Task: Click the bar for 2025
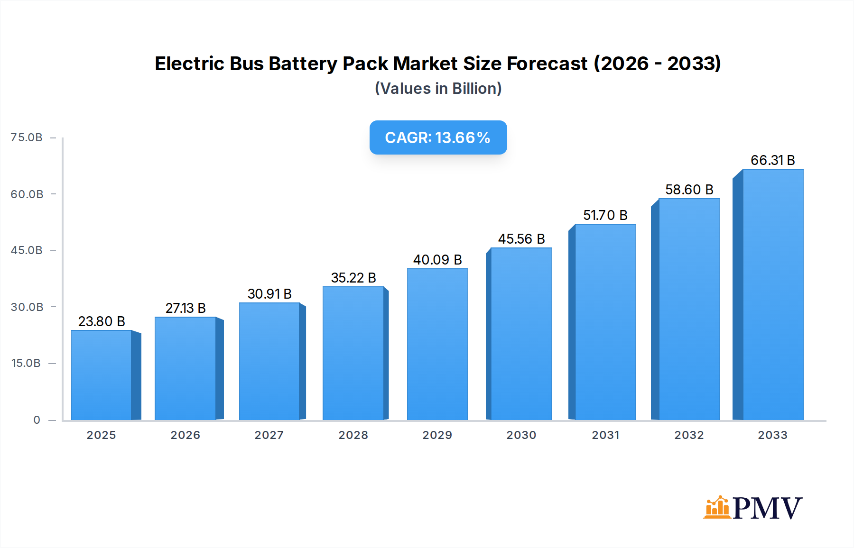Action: pos(102,374)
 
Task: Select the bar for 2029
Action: pos(437,344)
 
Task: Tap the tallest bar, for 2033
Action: pos(772,294)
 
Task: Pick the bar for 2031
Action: pos(605,322)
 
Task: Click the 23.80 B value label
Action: pos(102,321)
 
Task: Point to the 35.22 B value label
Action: pos(353,278)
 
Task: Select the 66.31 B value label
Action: pos(772,160)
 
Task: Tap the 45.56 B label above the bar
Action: pos(521,239)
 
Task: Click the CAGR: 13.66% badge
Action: pos(438,137)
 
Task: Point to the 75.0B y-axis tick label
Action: pos(27,137)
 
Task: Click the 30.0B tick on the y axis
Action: pos(27,307)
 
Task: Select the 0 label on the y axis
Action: pos(37,420)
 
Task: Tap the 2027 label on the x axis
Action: pos(269,435)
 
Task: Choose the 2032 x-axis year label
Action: pos(689,435)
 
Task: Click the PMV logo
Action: pos(753,508)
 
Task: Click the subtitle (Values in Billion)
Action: pos(438,89)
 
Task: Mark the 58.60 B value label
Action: pos(689,190)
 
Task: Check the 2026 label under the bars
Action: pos(185,435)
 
